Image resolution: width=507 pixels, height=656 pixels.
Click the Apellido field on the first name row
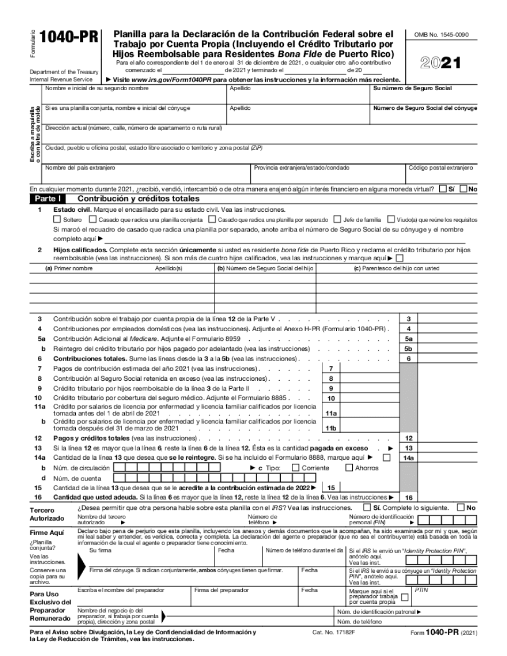(x=298, y=96)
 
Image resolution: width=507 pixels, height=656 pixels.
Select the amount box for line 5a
(x=446, y=338)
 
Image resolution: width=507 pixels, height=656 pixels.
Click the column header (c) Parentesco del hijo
(x=397, y=268)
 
